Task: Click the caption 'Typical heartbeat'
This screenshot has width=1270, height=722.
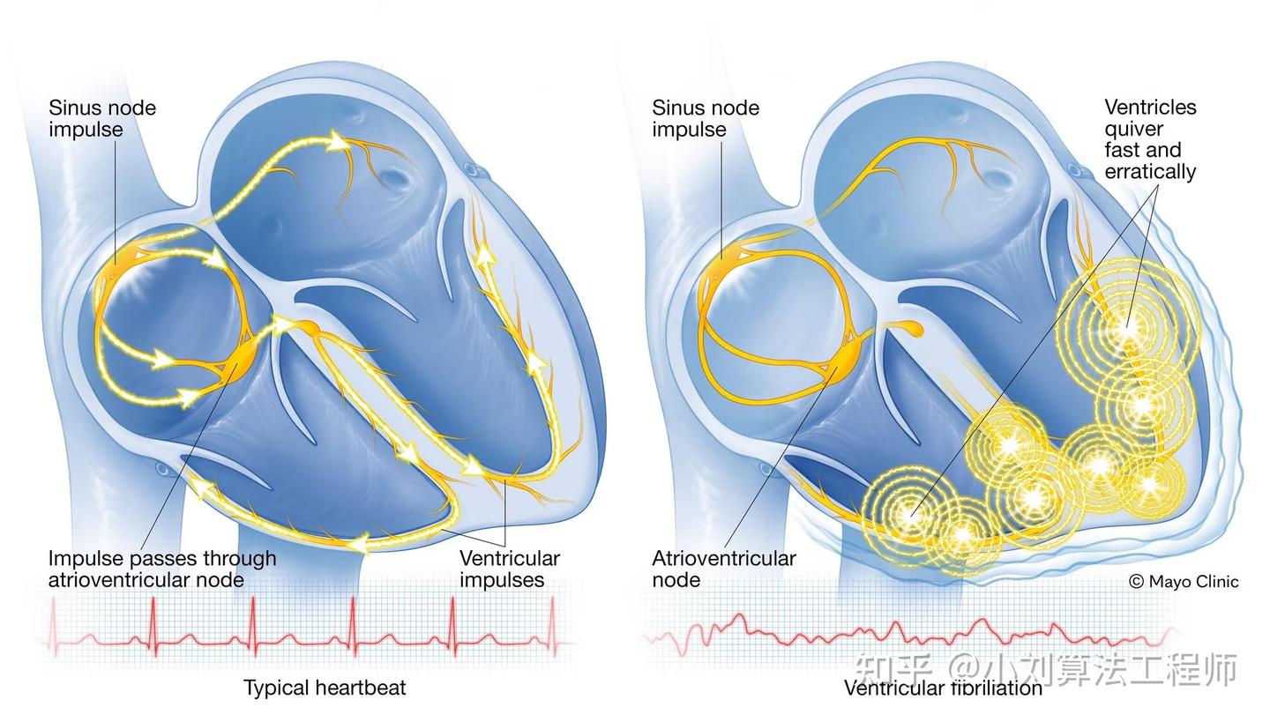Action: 325,688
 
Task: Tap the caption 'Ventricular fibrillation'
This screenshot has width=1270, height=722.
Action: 943,689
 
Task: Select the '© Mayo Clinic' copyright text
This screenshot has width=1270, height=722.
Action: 1184,582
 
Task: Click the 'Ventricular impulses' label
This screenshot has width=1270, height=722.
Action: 509,569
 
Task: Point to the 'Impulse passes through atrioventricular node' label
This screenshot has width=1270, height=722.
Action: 161,569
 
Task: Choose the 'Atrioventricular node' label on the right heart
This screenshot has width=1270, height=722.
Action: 723,569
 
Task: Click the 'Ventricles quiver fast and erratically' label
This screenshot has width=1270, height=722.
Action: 1150,139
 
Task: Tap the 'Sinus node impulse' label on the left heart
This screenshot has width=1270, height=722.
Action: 101,118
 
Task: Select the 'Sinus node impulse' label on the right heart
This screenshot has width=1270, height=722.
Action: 705,118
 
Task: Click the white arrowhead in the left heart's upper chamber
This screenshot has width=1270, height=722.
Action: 336,140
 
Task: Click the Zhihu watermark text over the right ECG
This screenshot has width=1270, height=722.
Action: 1046,669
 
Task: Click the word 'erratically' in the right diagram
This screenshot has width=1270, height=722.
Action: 1150,171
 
